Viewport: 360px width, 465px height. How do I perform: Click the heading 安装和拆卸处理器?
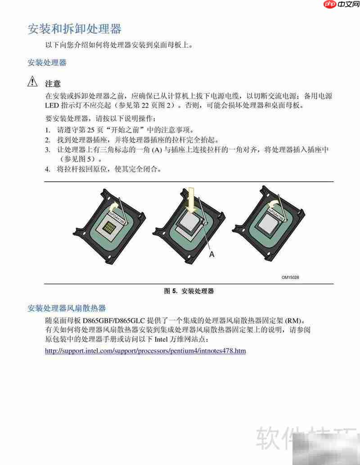(x=75, y=29)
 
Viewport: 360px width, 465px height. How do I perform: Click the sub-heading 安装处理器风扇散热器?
(x=67, y=308)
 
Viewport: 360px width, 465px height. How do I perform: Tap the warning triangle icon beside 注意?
(x=33, y=82)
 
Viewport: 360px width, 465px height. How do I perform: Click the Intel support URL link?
(x=145, y=350)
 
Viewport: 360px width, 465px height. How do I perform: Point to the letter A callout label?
(x=211, y=255)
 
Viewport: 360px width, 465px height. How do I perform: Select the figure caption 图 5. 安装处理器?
(x=189, y=291)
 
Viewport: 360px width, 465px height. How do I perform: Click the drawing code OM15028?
(x=290, y=277)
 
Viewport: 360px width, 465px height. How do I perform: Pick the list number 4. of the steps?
(x=47, y=170)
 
